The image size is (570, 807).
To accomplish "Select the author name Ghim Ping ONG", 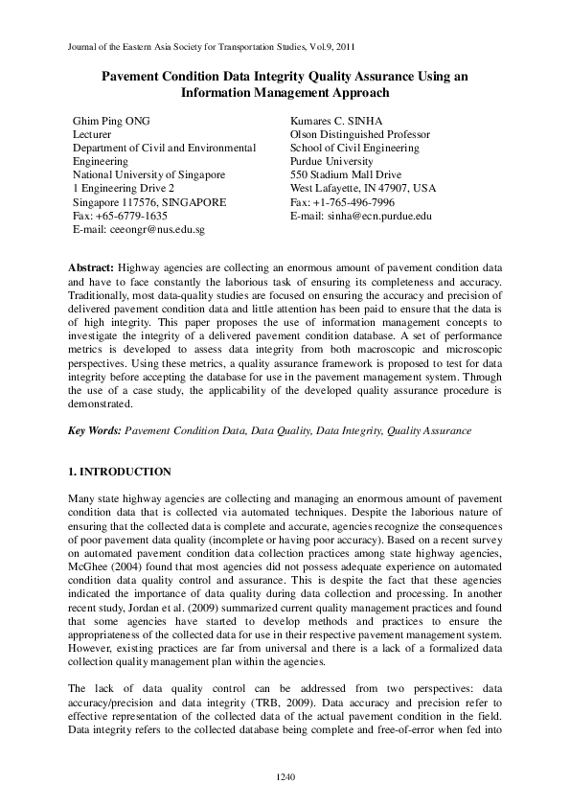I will pyautogui.click(x=112, y=122).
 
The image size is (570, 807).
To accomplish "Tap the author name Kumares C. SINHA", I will pyautogui.click(x=336, y=122).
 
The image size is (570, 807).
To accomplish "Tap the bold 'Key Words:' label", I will pyautogui.click(x=95, y=431).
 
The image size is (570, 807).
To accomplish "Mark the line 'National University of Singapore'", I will pyautogui.click(x=148, y=175).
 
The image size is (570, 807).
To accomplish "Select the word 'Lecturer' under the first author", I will pyautogui.click(x=94, y=135).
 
